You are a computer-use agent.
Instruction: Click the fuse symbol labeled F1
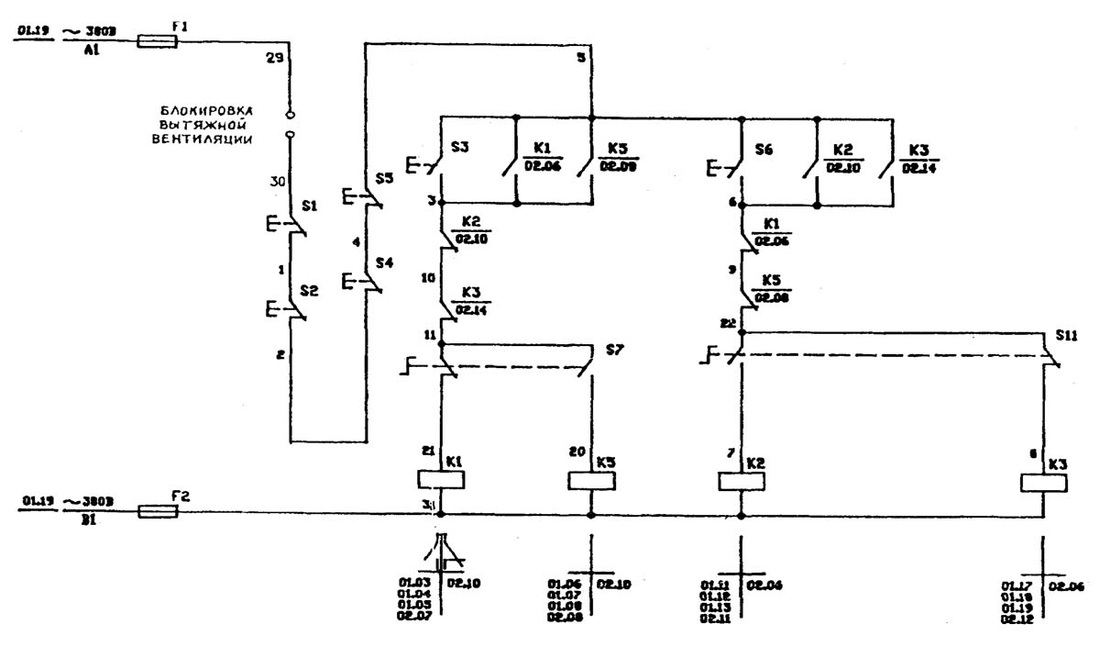[157, 40]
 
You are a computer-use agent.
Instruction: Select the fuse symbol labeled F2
[157, 510]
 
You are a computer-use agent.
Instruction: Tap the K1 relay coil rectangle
[440, 479]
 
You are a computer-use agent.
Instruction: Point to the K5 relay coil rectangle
[590, 480]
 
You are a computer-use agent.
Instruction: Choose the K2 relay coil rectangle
[741, 480]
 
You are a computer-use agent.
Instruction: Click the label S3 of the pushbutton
[460, 146]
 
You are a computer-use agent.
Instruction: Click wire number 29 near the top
[274, 58]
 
